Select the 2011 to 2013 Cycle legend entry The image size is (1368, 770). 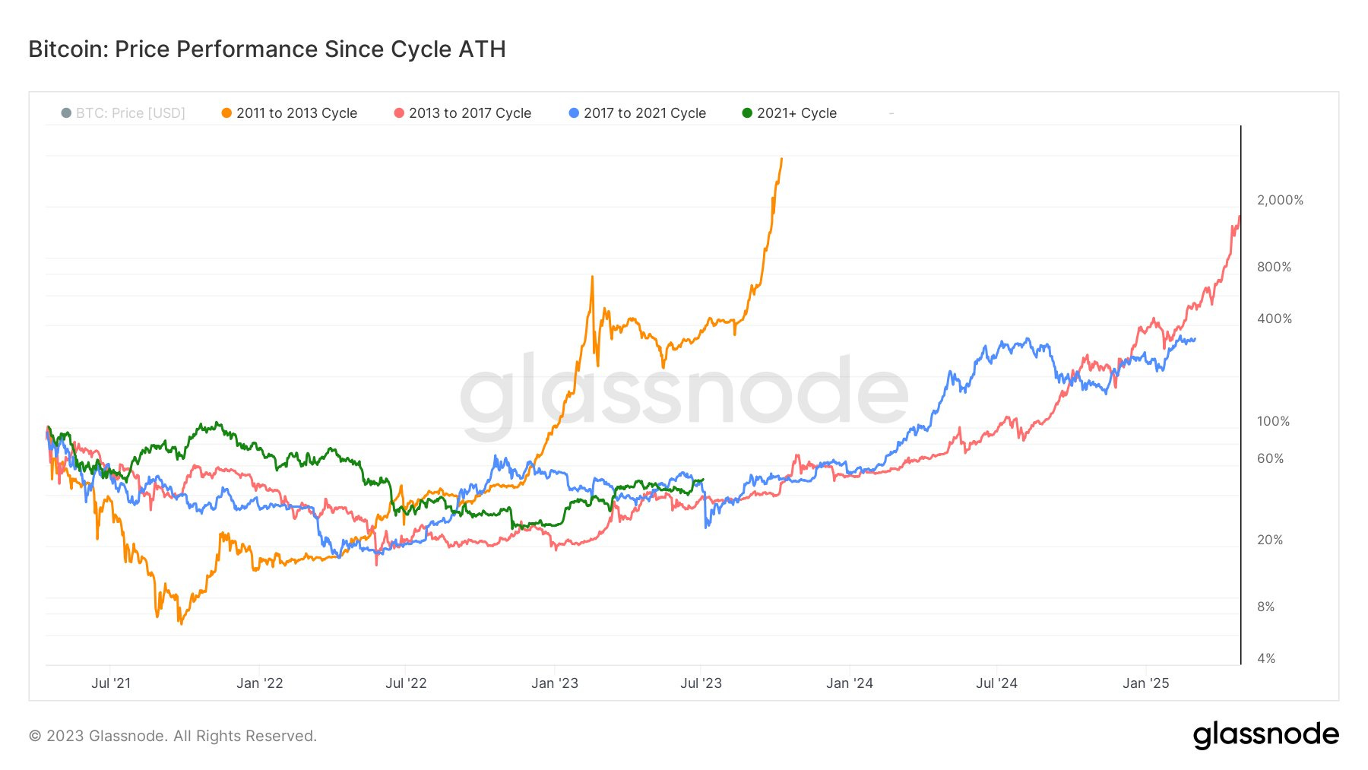pos(289,113)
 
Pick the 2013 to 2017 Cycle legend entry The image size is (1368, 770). pos(462,113)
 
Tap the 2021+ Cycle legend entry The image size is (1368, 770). pos(789,113)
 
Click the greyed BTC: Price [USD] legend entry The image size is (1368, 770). pos(123,113)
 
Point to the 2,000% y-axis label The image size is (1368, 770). pos(1280,200)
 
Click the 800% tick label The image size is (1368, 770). pos(1274,267)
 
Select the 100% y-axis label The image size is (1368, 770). pos(1273,421)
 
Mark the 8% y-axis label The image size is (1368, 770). pos(1265,607)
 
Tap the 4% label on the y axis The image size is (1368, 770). pos(1266,658)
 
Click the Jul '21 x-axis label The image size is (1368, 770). pos(111,683)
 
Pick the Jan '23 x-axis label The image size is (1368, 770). pos(555,683)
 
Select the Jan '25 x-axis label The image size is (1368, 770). pos(1145,683)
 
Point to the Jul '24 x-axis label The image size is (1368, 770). pos(996,683)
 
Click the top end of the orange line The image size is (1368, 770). pos(781,159)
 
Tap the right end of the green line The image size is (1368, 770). pos(703,480)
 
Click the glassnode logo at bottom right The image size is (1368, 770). pos(1265,735)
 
